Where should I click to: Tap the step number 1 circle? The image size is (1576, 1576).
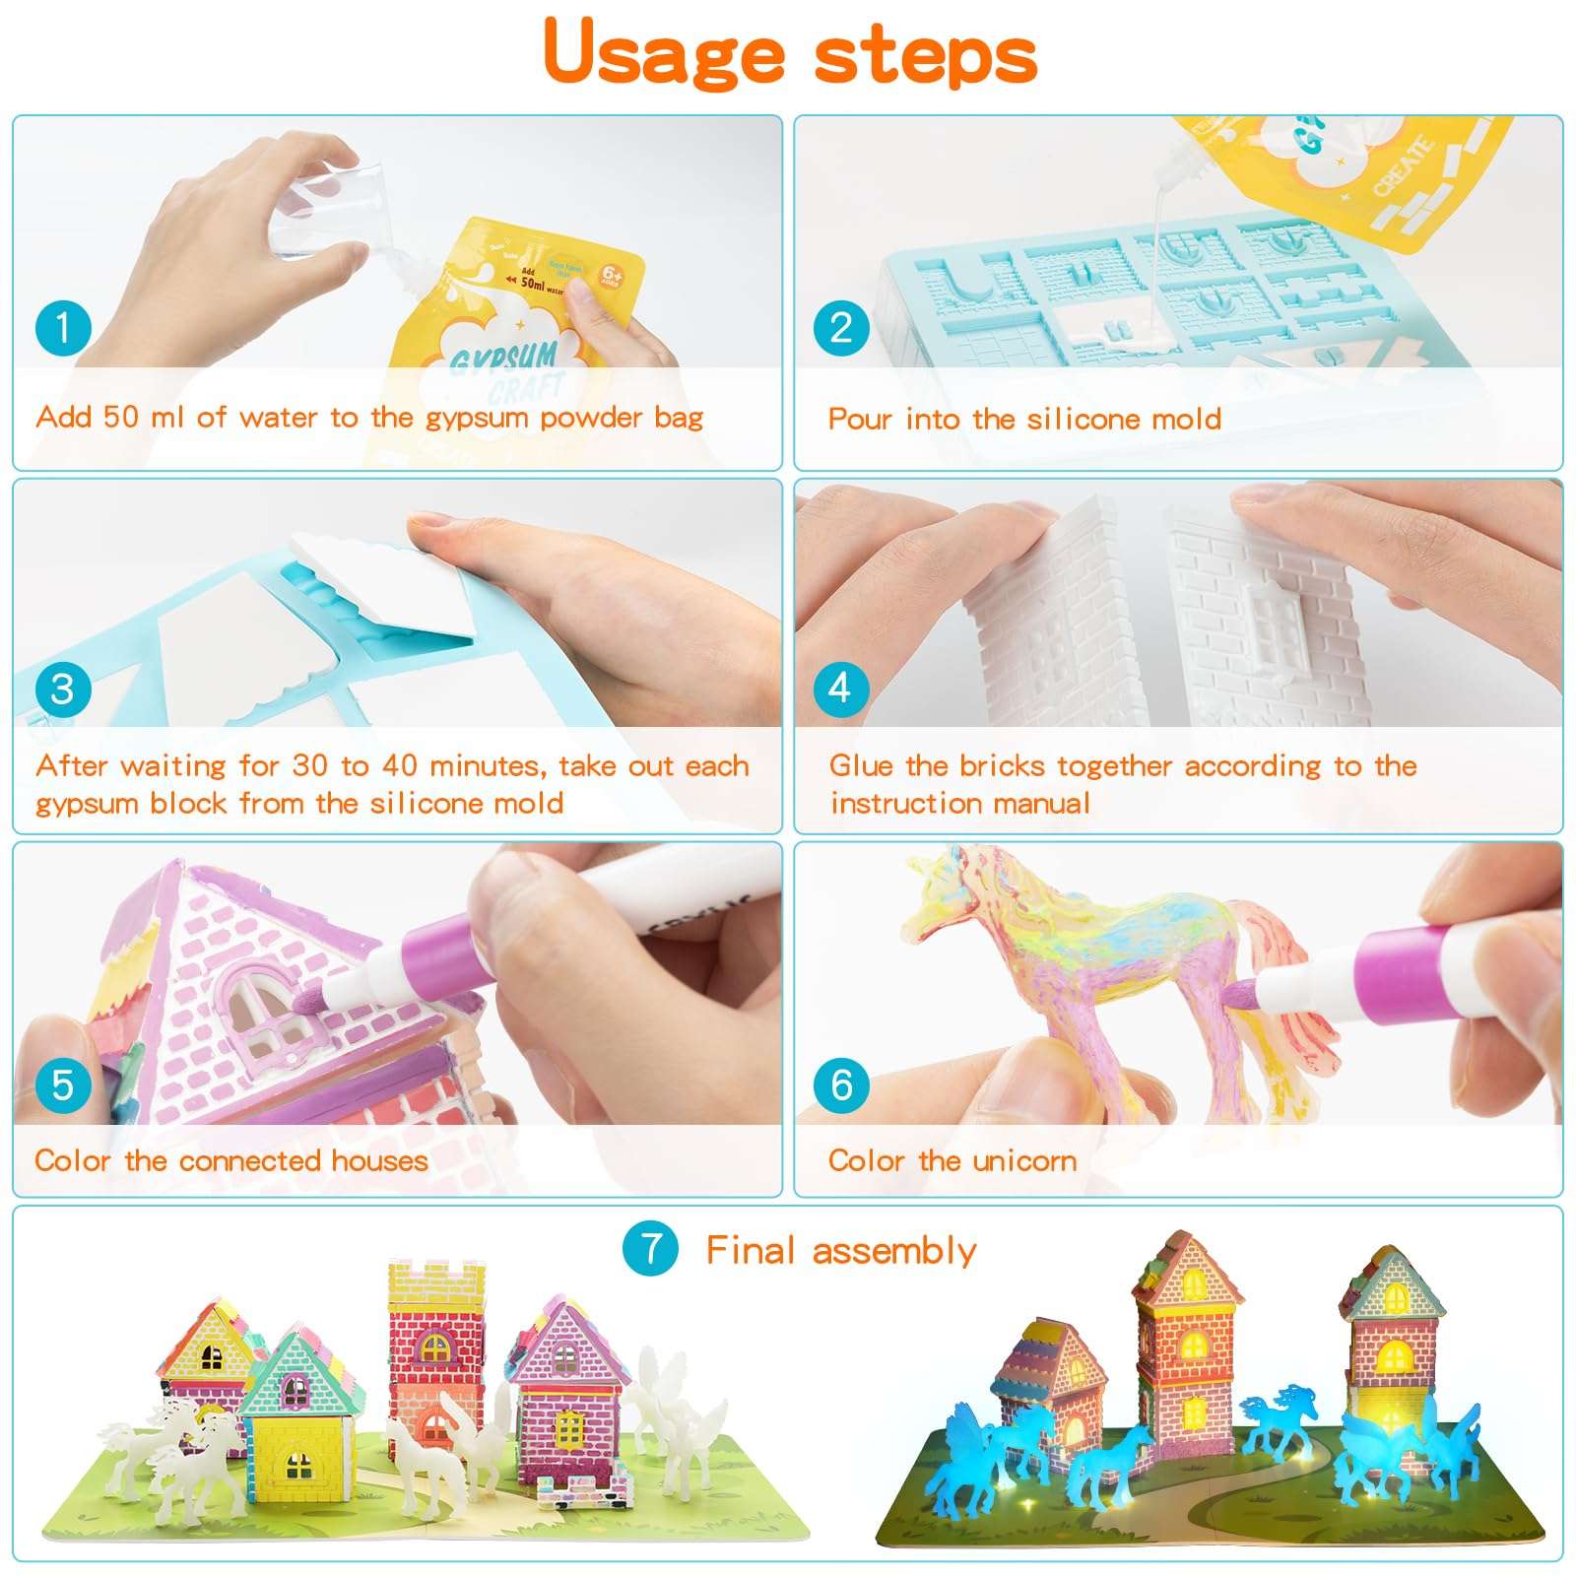click(x=63, y=328)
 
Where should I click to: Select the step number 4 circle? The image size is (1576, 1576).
click(x=840, y=688)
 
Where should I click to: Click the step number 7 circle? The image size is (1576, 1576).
click(x=650, y=1249)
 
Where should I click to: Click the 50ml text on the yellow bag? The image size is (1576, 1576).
click(x=533, y=284)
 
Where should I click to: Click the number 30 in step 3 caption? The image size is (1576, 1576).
click(x=310, y=765)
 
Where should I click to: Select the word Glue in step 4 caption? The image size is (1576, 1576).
click(x=862, y=765)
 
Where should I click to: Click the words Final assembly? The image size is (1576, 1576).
click(x=840, y=1251)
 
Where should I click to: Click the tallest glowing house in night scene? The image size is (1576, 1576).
click(x=1187, y=1340)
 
